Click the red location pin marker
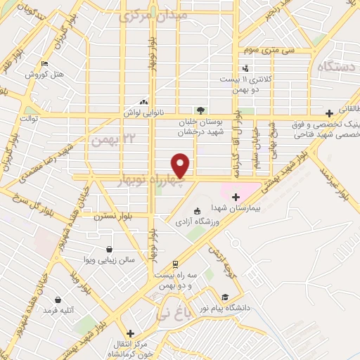pos(181,165)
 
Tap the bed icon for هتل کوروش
pos(46,64)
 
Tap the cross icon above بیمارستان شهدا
pos(236,197)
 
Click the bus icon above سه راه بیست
pos(175,264)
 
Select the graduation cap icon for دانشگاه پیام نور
pos(225,296)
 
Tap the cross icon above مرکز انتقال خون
pos(130,333)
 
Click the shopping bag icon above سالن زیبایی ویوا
pos(110,248)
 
